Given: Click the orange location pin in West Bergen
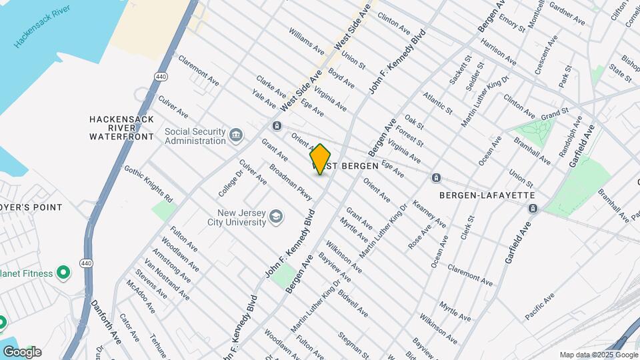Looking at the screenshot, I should coord(321,159).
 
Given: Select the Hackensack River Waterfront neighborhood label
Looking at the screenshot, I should coord(121,128).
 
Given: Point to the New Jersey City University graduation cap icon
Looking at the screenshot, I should coord(276,217).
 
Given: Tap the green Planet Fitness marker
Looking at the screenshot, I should coord(63,272).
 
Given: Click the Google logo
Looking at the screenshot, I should coord(22,351).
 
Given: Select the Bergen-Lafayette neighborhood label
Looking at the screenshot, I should coord(487,195).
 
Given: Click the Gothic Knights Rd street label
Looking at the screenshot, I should coord(148,183).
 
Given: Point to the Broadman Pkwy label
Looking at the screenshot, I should coord(291,181).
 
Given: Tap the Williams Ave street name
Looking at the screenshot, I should coord(307,41).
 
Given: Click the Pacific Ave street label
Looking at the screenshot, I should coord(540,307).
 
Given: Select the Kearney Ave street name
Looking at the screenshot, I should coord(429,214).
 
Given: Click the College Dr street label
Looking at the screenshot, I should coord(229,183).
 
